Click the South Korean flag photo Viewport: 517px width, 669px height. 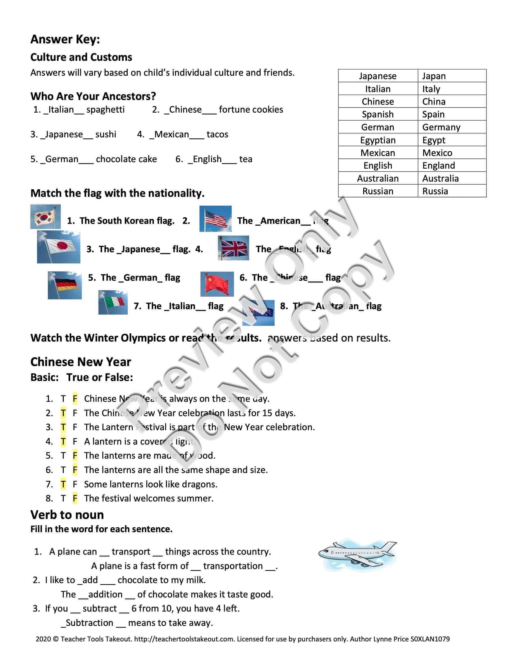click(x=45, y=217)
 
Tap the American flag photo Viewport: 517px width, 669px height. click(x=215, y=218)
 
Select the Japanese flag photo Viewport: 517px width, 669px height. click(x=59, y=247)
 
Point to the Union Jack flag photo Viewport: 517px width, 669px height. click(x=233, y=248)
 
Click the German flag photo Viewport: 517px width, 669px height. click(x=65, y=285)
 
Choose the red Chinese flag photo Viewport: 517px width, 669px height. click(x=217, y=284)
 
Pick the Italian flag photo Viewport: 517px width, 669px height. click(x=113, y=302)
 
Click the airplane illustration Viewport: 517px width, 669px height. click(x=357, y=554)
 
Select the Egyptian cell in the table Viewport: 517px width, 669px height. click(x=378, y=140)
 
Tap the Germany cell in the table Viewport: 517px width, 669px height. click(x=441, y=127)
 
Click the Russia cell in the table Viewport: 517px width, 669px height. click(x=435, y=191)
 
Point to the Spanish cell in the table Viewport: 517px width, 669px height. click(x=378, y=114)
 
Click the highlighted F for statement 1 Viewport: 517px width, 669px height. click(x=75, y=398)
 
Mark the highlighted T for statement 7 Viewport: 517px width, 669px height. click(x=63, y=484)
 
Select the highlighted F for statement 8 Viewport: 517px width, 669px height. click(x=75, y=498)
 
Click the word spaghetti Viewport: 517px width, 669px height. click(x=105, y=110)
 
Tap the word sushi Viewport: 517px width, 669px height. click(x=106, y=135)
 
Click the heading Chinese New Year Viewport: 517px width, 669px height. click(x=81, y=362)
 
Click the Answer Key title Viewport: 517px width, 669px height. click(x=65, y=39)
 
